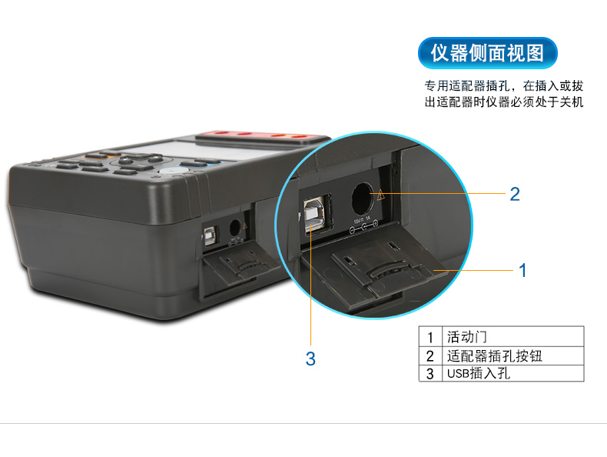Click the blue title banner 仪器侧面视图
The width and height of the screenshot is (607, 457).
[x=487, y=53]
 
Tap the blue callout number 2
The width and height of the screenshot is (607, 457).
[x=515, y=194]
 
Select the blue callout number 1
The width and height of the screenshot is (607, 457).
[x=522, y=271]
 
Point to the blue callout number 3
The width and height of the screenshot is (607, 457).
[x=310, y=359]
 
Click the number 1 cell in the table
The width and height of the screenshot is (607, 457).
[x=430, y=337]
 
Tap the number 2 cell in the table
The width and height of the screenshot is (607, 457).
[x=430, y=356]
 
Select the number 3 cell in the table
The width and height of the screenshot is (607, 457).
[x=430, y=374]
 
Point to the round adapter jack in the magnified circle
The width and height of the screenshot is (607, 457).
[x=363, y=198]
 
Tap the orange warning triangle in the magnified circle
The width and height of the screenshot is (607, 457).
[x=381, y=194]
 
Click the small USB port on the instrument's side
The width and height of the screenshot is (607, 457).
[x=210, y=235]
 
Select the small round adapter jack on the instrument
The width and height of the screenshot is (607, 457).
[x=235, y=228]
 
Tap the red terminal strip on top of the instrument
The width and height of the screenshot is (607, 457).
[x=263, y=136]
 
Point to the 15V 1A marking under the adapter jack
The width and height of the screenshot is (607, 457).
[x=362, y=221]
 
